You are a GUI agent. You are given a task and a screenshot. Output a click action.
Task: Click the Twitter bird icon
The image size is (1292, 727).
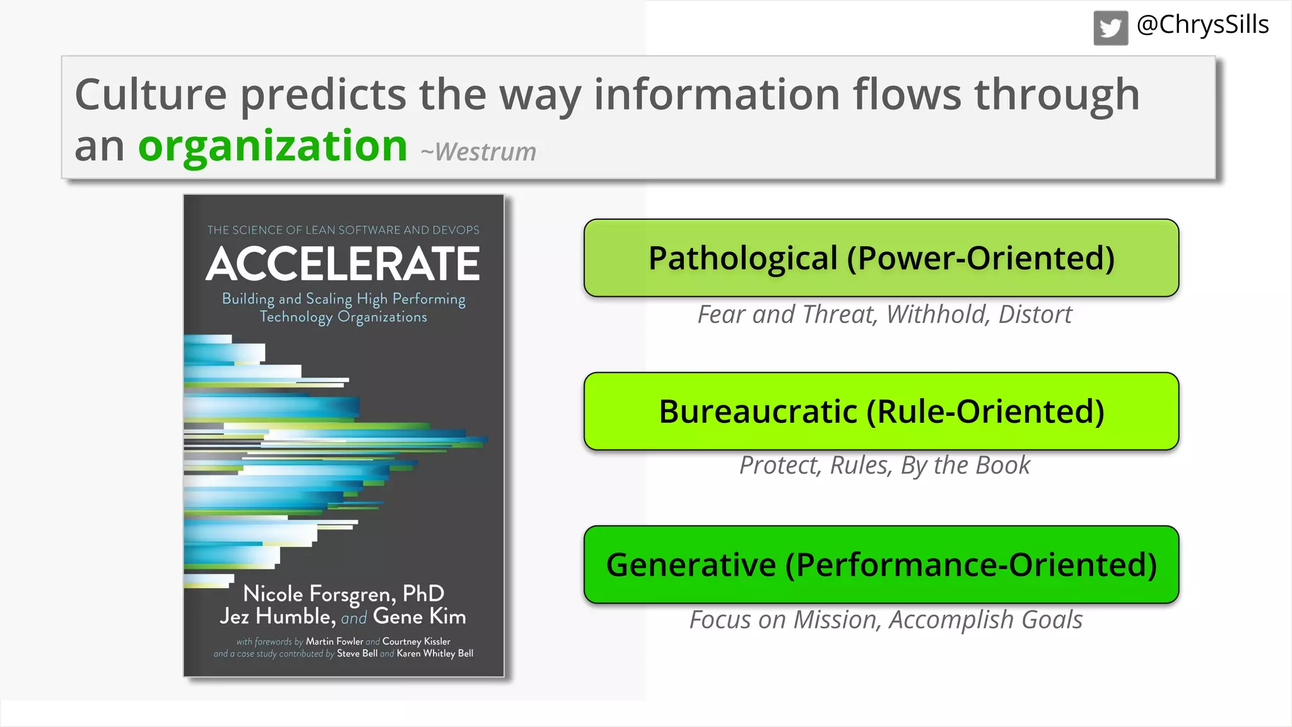[x=1110, y=28]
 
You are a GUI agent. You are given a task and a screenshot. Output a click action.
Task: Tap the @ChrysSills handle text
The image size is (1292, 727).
[x=1202, y=25]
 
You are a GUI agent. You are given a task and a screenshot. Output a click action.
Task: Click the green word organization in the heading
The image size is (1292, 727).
[x=273, y=146]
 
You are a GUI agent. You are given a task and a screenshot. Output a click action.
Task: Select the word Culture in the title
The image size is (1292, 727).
[x=150, y=95]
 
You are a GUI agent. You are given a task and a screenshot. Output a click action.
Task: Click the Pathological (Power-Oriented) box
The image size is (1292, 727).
[x=881, y=258]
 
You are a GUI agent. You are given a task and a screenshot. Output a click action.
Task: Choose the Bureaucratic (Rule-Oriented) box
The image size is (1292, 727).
[x=881, y=411]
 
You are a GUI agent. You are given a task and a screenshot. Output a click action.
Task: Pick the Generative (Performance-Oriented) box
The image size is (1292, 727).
[x=881, y=565]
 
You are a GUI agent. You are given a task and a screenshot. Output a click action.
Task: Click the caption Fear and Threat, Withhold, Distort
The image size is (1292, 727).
[x=884, y=314]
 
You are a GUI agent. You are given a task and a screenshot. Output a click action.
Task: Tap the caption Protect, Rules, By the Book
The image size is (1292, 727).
[x=884, y=466]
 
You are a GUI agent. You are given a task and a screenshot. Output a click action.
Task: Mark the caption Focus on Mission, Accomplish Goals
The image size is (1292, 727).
[x=886, y=620]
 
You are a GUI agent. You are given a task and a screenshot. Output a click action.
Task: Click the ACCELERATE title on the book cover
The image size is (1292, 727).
[x=343, y=264]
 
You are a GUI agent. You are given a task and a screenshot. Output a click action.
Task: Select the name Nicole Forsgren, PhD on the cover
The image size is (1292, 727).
[x=344, y=593]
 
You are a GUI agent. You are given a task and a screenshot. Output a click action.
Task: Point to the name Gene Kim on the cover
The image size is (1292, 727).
[x=420, y=617]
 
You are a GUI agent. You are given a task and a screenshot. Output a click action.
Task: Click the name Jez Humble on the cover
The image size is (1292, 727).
[x=276, y=617]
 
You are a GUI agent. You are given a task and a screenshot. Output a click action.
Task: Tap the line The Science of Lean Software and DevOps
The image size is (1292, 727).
[x=343, y=230]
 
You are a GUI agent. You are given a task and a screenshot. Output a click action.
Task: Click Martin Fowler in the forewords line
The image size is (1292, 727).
[x=334, y=641]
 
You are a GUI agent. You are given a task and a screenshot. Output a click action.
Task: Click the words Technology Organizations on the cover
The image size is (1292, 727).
[x=343, y=317]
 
